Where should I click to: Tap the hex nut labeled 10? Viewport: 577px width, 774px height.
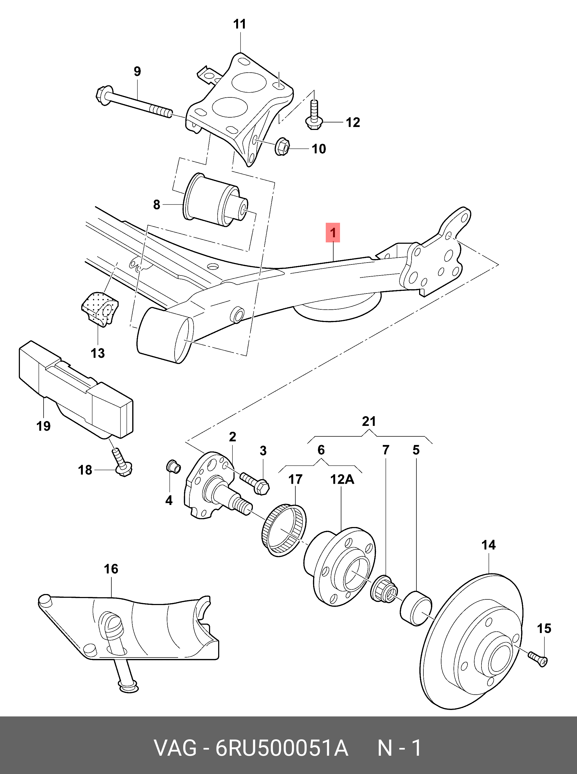pos(282,147)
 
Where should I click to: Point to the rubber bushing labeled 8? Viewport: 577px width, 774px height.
pos(215,202)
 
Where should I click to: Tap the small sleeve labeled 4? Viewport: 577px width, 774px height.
pos(173,466)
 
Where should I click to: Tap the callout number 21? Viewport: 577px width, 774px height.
pos(369,421)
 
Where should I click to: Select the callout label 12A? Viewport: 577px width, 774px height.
pos(342,480)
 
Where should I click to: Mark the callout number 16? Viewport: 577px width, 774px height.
pos(111,569)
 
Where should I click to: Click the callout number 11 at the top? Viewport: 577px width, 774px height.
pos(240,24)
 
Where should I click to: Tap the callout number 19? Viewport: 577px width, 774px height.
pos(44,426)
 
